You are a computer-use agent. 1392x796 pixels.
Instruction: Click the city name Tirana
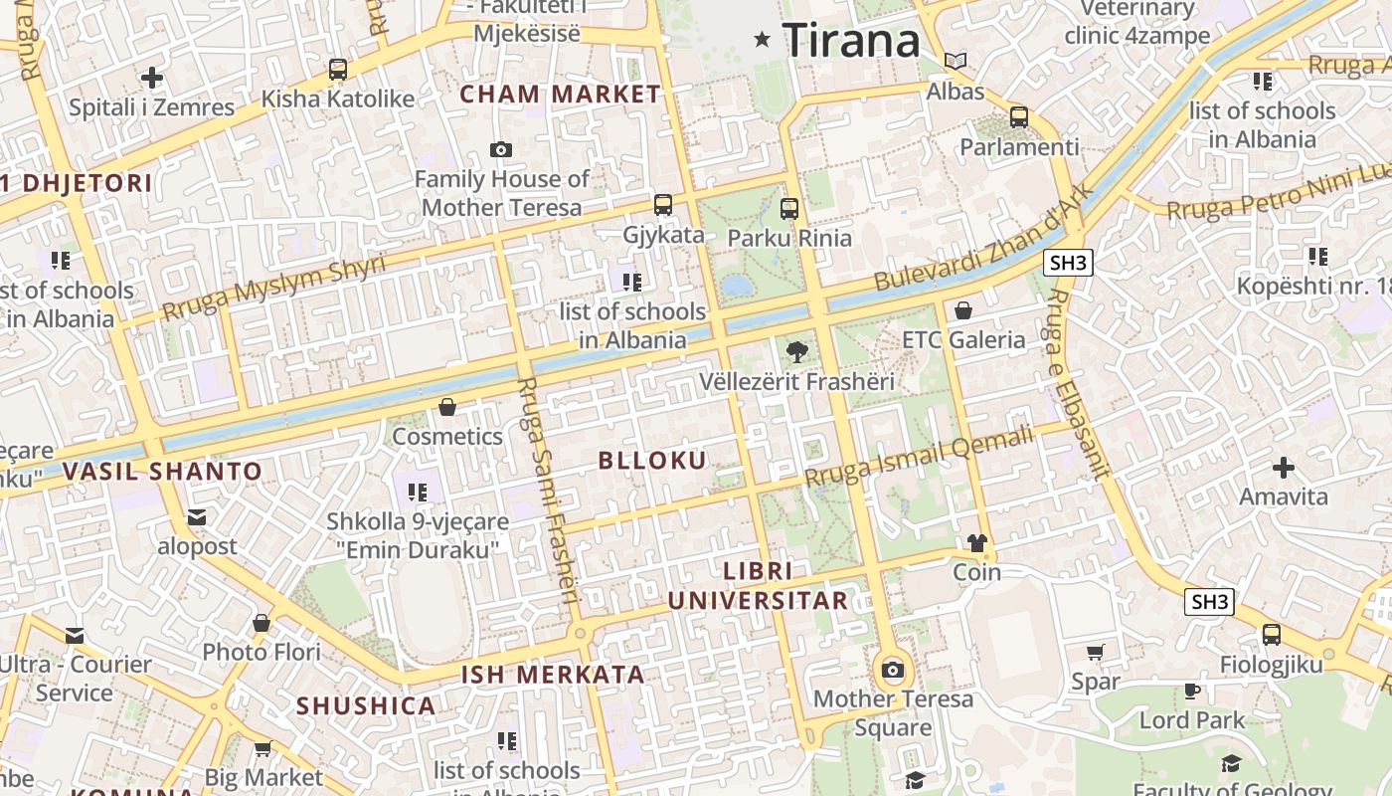[x=851, y=41]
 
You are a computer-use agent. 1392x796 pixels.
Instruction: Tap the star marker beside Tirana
[x=763, y=40]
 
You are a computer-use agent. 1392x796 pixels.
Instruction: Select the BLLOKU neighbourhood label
[x=652, y=460]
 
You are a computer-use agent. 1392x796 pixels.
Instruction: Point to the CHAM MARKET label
[x=560, y=95]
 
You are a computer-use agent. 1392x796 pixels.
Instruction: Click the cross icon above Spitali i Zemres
[x=151, y=77]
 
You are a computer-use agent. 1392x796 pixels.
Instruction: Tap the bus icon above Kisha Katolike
[x=338, y=70]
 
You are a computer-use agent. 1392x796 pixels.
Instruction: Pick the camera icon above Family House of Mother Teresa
[x=501, y=150]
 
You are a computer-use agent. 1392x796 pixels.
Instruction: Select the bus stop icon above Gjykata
[x=663, y=205]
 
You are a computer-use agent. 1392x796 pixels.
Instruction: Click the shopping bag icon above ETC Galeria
[x=962, y=310]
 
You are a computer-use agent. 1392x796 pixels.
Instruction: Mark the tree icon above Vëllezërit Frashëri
[x=796, y=351]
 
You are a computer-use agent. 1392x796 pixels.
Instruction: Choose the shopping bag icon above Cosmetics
[x=447, y=407]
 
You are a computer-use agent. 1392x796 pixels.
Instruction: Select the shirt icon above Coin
[x=976, y=543]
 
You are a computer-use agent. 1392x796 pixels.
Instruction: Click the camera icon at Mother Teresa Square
[x=892, y=670]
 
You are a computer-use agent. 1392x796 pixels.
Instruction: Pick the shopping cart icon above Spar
[x=1095, y=653]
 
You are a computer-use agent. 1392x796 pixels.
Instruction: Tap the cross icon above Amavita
[x=1284, y=467]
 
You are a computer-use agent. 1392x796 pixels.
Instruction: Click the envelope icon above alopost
[x=197, y=516]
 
